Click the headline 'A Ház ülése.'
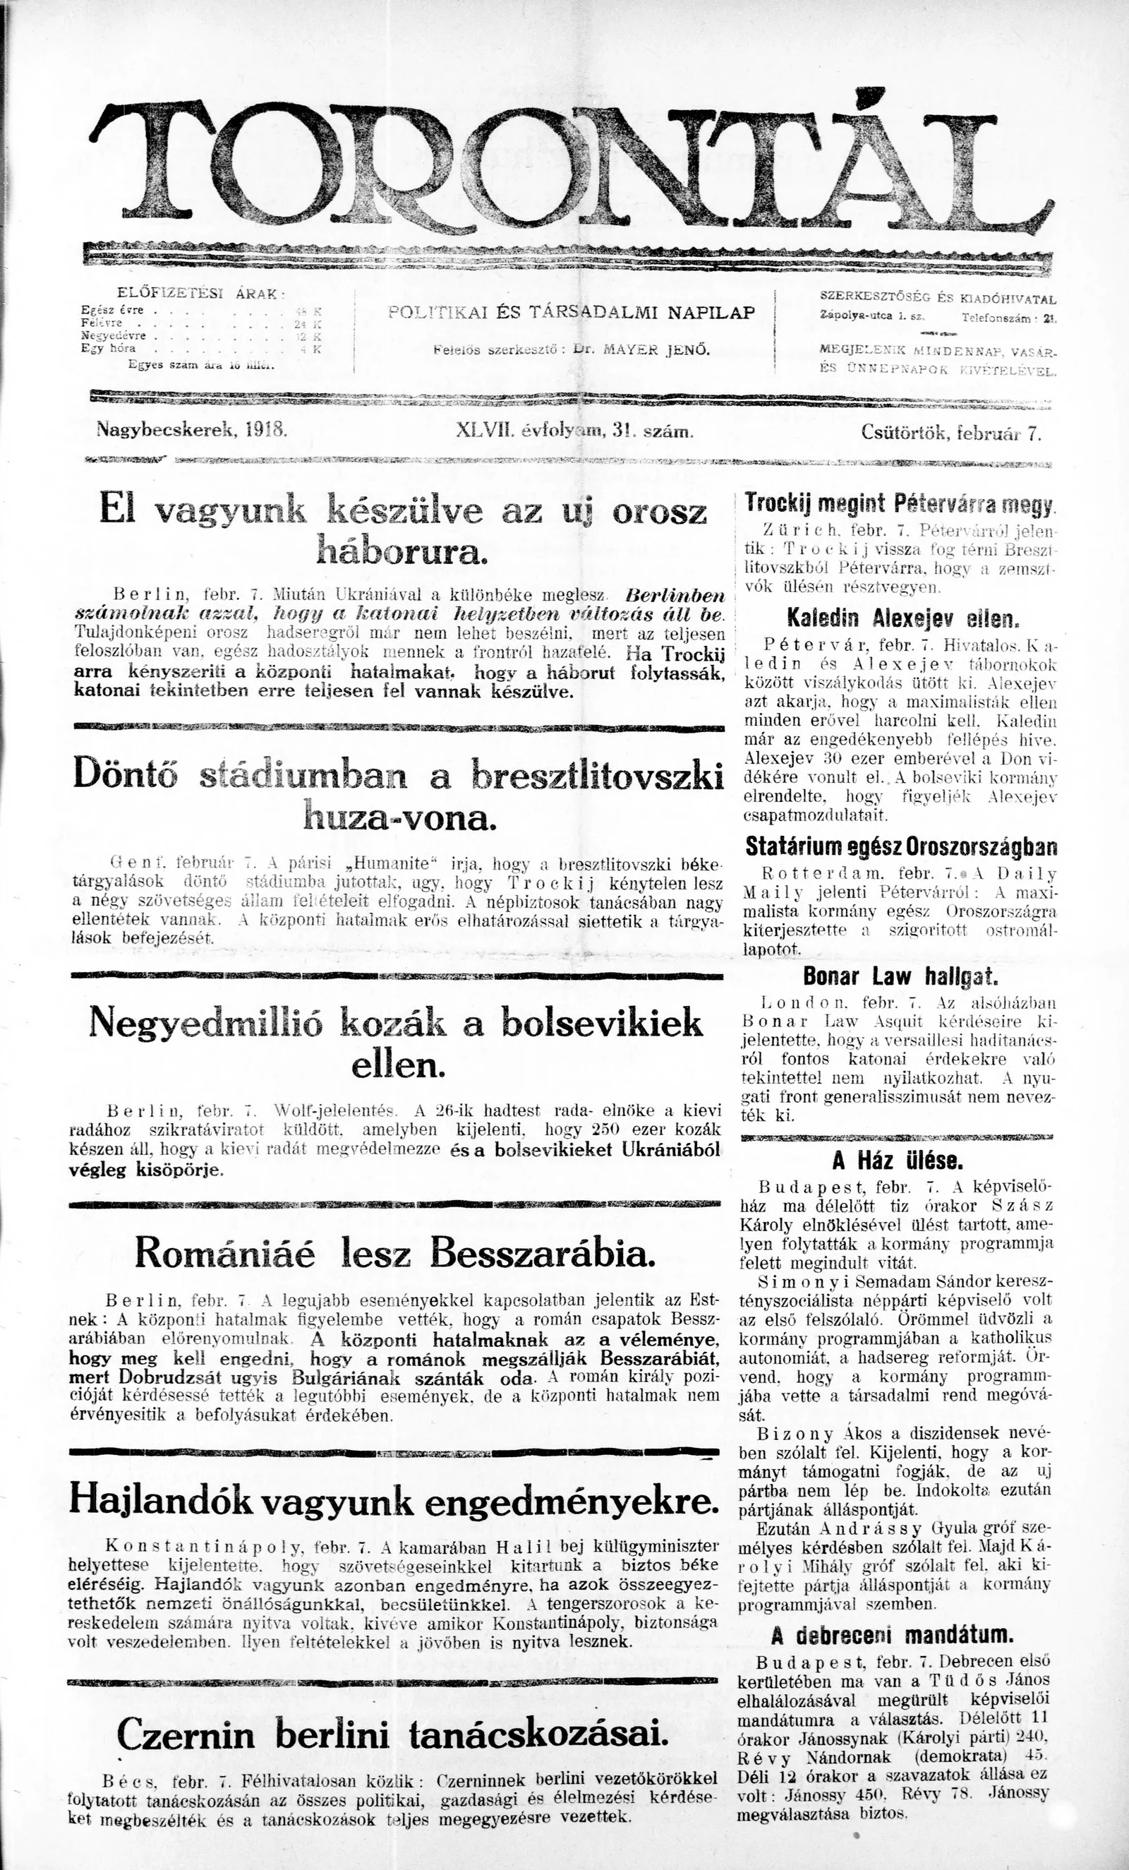pyautogui.click(x=898, y=1161)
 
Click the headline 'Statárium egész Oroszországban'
pyautogui.click(x=900, y=846)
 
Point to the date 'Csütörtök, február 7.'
pyautogui.click(x=950, y=433)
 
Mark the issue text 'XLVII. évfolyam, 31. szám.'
pyautogui.click(x=575, y=433)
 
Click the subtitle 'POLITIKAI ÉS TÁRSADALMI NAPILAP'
pyautogui.click(x=571, y=312)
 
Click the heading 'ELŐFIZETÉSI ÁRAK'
pyautogui.click(x=200, y=293)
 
